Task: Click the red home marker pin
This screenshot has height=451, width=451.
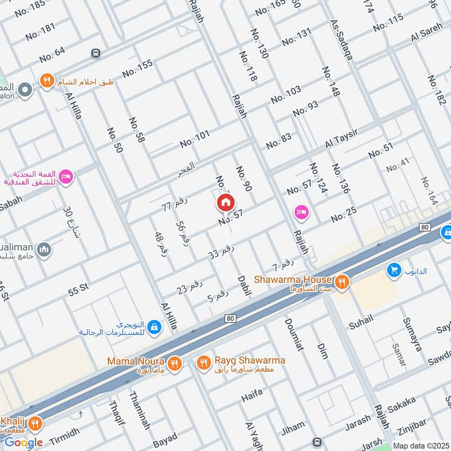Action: coord(225,202)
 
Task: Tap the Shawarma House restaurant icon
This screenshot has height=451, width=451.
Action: coord(341,280)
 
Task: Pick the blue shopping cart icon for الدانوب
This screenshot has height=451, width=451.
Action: coord(393,271)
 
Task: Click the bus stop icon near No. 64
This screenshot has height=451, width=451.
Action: coord(95,53)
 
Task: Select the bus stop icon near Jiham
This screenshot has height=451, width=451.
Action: coord(317,442)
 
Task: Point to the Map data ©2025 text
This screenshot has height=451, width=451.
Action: coord(420,445)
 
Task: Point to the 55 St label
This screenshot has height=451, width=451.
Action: coord(78,289)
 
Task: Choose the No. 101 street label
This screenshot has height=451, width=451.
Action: coord(194,139)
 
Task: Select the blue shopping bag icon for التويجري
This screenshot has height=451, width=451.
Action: coord(154,326)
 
